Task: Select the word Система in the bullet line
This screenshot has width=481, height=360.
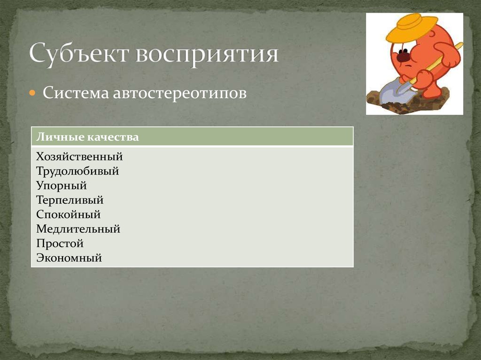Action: (75, 92)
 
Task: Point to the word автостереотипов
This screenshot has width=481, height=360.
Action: (179, 92)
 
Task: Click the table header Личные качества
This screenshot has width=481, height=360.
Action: (87, 137)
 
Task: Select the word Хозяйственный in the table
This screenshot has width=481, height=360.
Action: (79, 156)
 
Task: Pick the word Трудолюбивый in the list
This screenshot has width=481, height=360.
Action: (77, 171)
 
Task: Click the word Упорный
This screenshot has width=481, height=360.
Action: (61, 185)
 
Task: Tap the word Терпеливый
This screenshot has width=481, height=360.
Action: (70, 200)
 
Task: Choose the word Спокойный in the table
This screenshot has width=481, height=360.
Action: (68, 214)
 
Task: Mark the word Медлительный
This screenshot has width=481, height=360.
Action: (78, 229)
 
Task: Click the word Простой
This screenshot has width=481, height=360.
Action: (59, 244)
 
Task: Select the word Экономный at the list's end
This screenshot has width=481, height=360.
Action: (69, 258)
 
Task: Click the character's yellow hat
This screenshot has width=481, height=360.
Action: (411, 28)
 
